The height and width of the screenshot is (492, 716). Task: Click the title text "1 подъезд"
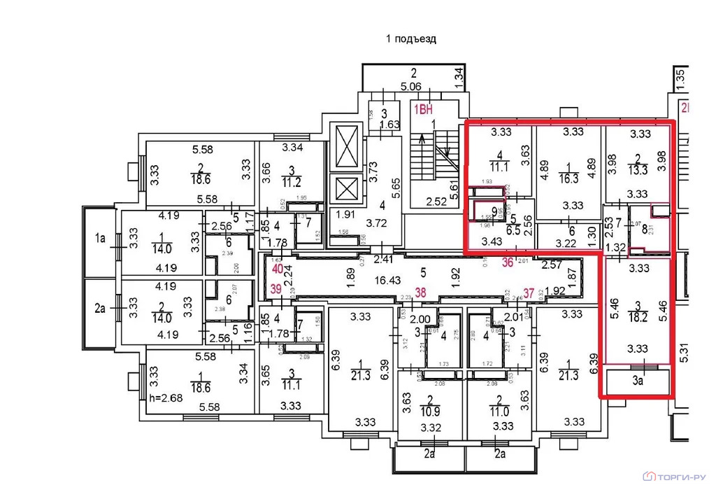(411, 39)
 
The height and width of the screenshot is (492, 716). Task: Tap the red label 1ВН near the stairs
(422, 109)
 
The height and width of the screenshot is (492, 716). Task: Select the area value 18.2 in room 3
(636, 316)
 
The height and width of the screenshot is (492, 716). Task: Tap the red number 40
(277, 268)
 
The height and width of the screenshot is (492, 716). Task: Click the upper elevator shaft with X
(348, 147)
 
